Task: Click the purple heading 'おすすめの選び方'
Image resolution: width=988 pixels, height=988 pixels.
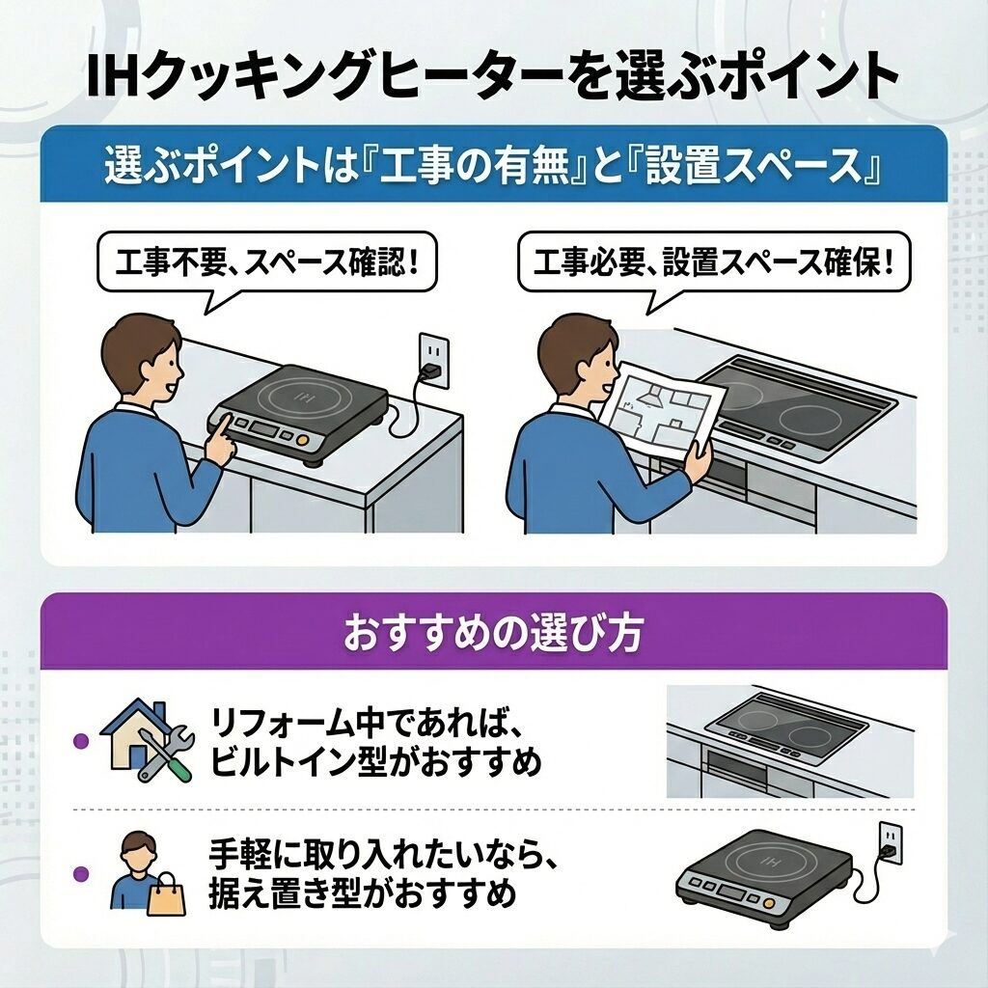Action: coord(493,632)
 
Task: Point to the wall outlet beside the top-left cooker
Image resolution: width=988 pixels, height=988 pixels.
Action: coord(433,361)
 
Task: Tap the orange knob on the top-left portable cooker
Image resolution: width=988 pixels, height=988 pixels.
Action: coord(303,439)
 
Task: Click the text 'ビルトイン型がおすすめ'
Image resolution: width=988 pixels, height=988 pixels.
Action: coord(375,762)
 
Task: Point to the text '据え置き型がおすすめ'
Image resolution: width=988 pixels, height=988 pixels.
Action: coord(363,892)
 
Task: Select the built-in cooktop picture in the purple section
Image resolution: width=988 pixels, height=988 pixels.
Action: coord(790,741)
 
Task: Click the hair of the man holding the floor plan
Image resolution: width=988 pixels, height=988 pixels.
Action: coord(570,342)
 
